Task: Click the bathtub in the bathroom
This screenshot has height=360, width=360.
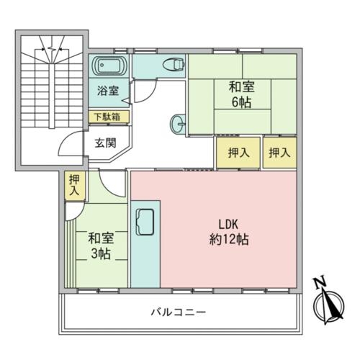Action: [x=109, y=66]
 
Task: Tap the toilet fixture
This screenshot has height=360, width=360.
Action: [x=174, y=64]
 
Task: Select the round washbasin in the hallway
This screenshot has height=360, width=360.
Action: [x=178, y=124]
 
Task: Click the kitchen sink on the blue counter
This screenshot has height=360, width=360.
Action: [x=145, y=222]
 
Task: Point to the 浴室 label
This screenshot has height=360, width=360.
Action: [x=108, y=91]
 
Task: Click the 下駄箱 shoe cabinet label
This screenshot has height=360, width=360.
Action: [x=107, y=117]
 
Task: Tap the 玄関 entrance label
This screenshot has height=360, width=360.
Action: [x=105, y=143]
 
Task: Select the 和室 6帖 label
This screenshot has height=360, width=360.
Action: [x=242, y=94]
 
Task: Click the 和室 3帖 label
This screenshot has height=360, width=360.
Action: [x=101, y=246]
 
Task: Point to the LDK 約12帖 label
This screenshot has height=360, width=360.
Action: [x=229, y=232]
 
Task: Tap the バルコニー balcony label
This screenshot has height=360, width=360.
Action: [x=179, y=312]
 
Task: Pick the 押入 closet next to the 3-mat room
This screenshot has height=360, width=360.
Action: [x=75, y=186]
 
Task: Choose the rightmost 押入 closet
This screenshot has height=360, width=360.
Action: [x=280, y=153]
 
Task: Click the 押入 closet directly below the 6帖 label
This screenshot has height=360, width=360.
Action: [x=238, y=153]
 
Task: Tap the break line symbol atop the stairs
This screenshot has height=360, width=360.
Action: [x=52, y=50]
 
